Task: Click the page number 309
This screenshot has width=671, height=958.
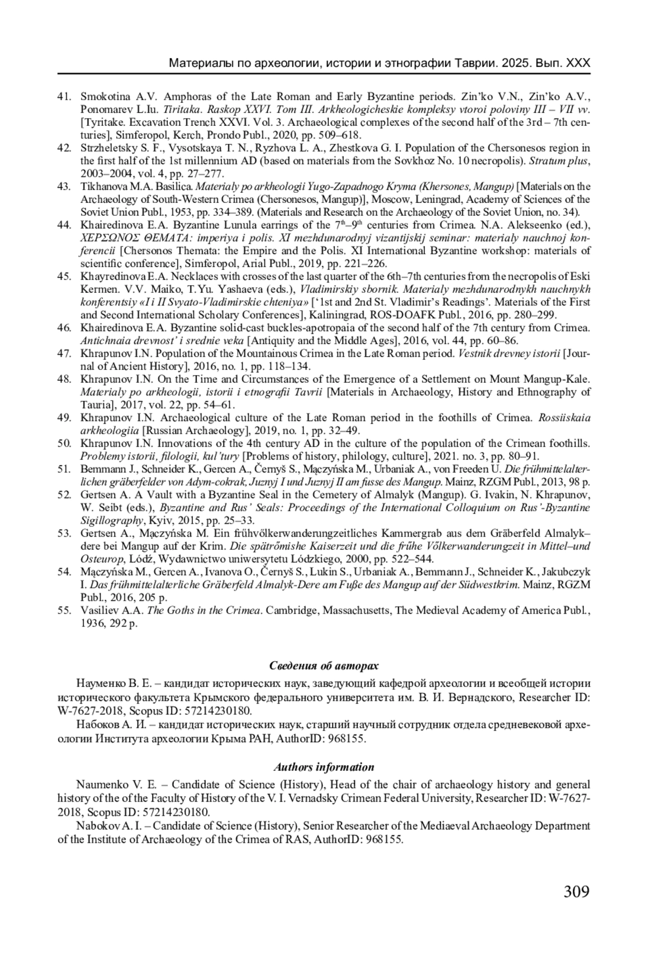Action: [577, 891]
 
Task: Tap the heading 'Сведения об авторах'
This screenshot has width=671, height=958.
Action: [324, 666]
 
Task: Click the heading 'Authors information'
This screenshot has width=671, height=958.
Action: [324, 767]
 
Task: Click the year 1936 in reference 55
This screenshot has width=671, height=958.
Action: [93, 623]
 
